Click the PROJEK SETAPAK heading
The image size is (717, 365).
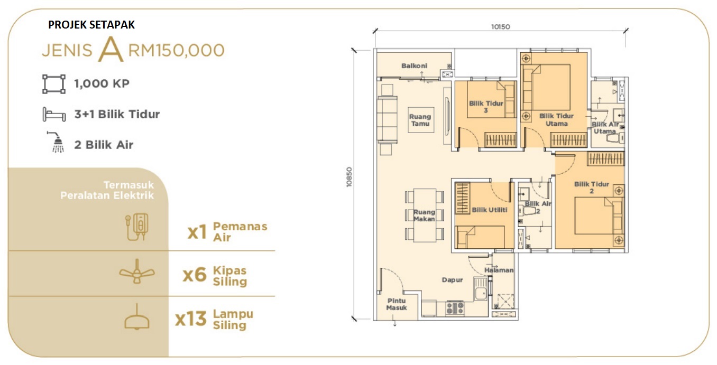click(x=91, y=25)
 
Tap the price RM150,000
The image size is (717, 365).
click(x=177, y=50)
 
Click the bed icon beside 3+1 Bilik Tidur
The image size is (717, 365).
click(x=54, y=114)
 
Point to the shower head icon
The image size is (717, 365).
click(x=57, y=142)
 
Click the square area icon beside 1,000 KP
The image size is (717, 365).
click(x=54, y=84)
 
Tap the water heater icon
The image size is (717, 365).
click(x=136, y=227)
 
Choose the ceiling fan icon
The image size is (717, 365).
click(x=137, y=272)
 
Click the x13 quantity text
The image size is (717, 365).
click(x=190, y=319)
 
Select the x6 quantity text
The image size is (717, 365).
click(x=194, y=275)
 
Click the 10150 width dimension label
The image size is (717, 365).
click(x=501, y=27)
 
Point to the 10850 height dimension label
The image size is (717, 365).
click(x=349, y=177)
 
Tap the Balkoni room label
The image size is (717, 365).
click(x=414, y=65)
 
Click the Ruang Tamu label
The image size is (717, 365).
click(x=420, y=120)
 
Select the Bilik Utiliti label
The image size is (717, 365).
click(x=490, y=210)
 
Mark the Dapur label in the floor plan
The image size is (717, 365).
click(x=452, y=280)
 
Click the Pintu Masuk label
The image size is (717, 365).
click(x=397, y=304)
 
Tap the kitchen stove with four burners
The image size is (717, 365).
click(x=455, y=308)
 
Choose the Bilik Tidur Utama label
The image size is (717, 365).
click(x=556, y=119)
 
